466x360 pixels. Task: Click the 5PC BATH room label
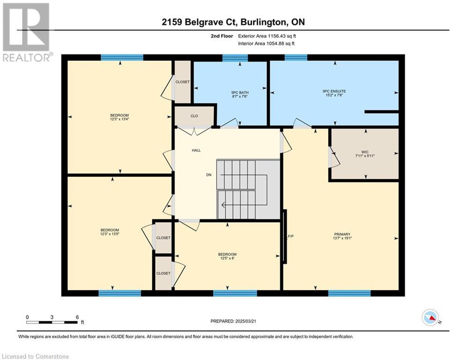click(x=240, y=92)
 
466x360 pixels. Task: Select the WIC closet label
click(x=365, y=152)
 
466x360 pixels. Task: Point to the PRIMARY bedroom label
click(x=342, y=234)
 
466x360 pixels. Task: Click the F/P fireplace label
click(x=291, y=237)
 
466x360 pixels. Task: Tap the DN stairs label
click(x=209, y=175)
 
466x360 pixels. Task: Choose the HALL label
click(x=196, y=150)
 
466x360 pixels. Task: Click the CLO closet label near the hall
click(x=194, y=116)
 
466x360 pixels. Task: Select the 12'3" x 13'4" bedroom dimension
click(x=119, y=119)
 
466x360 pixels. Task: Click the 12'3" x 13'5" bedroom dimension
click(x=110, y=234)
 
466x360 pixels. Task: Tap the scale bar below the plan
click(x=52, y=322)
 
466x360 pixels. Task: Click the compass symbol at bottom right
click(x=430, y=317)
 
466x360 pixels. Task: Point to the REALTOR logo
click(x=26, y=32)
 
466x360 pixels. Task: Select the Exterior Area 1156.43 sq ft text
click(x=267, y=36)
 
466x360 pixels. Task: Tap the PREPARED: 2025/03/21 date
click(x=233, y=321)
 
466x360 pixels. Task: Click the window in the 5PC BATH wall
click(x=235, y=58)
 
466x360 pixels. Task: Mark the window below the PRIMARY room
click(x=349, y=293)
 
